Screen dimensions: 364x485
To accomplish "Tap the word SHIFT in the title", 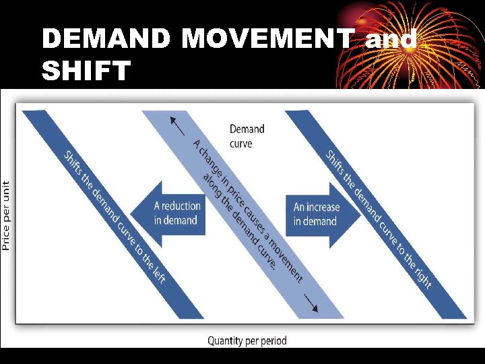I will (86, 70).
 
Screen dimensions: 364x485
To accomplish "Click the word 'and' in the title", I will (391, 40).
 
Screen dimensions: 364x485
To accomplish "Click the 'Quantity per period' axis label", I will (247, 340).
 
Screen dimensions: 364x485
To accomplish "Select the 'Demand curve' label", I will (247, 135).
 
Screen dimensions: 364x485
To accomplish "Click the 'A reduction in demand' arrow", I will (168, 213).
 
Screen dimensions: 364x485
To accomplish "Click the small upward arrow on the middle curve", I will (177, 126).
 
